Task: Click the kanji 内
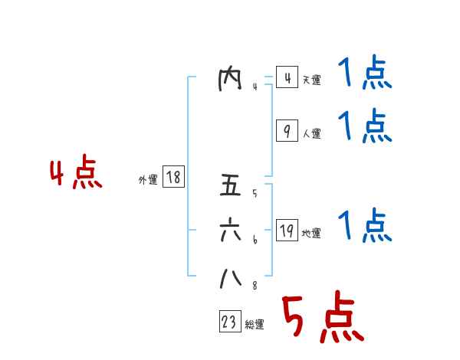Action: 230,79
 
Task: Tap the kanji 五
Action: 230,187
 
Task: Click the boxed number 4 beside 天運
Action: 286,78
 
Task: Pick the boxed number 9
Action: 286,132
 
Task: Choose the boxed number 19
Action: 286,231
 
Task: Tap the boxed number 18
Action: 173,178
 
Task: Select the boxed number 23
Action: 229,322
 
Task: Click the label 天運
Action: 311,80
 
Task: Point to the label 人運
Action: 311,134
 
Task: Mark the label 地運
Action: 311,234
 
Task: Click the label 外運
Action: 148,180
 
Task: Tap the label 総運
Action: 255,325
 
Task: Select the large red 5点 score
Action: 322,319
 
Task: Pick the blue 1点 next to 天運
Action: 365,74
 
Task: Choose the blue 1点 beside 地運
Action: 365,226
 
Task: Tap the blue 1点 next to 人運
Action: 365,126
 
